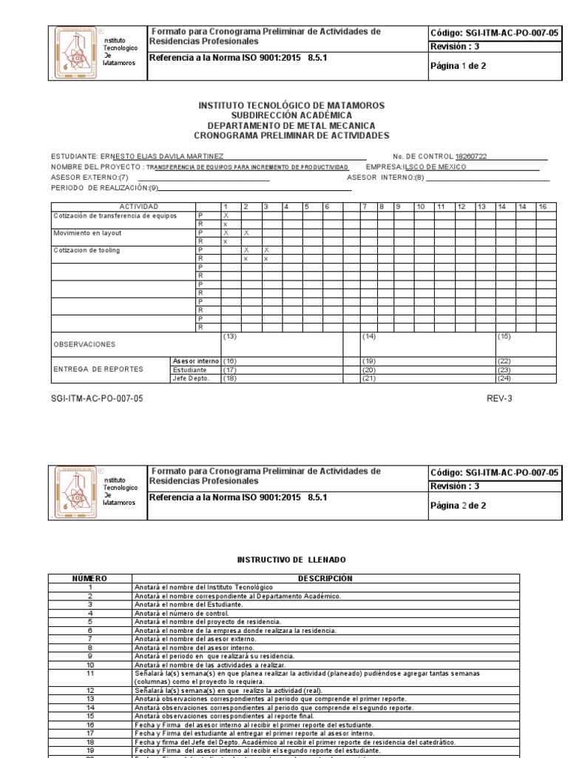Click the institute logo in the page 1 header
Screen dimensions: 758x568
click(x=75, y=53)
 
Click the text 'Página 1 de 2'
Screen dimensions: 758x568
click(x=458, y=66)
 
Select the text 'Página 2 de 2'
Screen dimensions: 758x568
click(x=458, y=506)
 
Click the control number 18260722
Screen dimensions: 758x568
click(x=471, y=157)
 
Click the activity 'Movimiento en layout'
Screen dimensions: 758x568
click(x=87, y=233)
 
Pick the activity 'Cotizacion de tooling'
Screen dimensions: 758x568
click(x=87, y=251)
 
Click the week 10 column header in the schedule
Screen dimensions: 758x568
click(x=421, y=207)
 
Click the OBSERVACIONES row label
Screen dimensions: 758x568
click(x=84, y=345)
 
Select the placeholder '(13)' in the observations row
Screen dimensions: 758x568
click(x=230, y=337)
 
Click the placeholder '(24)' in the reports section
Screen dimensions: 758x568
click(x=505, y=378)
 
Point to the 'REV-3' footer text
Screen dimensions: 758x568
click(x=498, y=398)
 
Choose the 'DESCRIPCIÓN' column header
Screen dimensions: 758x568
click(x=325, y=578)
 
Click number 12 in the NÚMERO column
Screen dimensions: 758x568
click(x=90, y=689)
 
